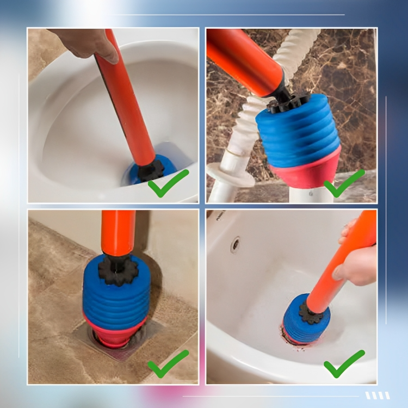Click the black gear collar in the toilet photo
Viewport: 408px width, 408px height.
click(x=151, y=170)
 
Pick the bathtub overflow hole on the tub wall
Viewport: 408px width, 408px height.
click(x=235, y=244)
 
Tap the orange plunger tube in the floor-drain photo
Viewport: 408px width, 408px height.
click(x=118, y=231)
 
